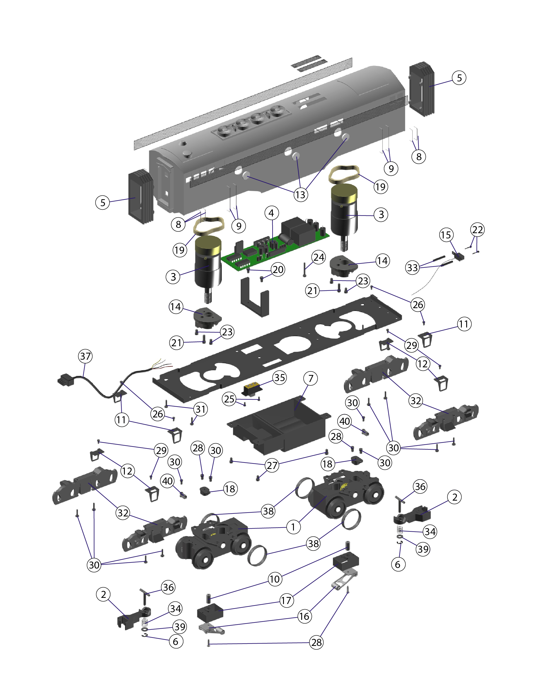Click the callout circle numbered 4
271,213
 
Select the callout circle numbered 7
310,378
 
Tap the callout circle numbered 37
85,356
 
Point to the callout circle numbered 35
280,378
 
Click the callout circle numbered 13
301,195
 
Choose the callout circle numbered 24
319,257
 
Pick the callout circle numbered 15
446,235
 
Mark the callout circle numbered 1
293,527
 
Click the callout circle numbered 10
275,579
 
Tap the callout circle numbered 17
286,601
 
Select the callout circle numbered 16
304,616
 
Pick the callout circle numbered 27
272,465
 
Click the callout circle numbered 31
200,409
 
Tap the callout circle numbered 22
477,229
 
